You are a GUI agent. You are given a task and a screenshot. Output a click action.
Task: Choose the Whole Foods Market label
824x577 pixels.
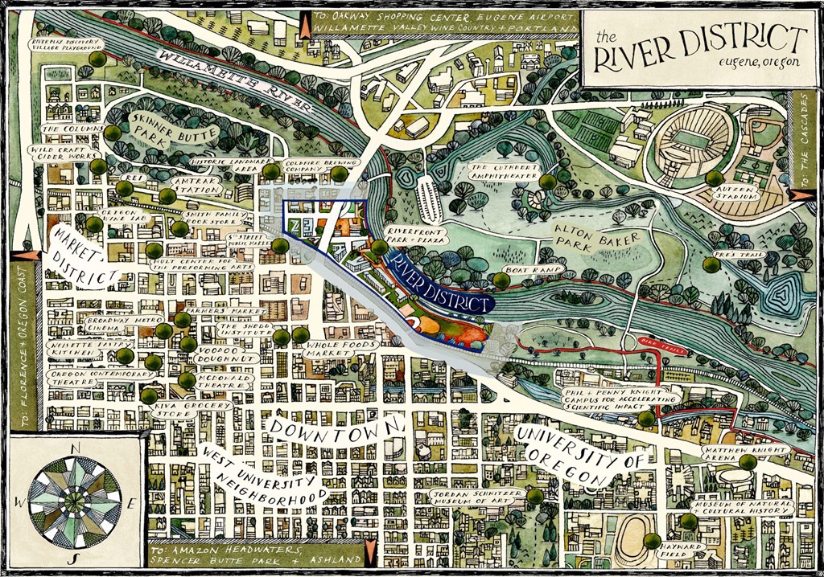[x=340, y=349]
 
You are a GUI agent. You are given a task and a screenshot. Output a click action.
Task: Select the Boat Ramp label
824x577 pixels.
[x=524, y=270]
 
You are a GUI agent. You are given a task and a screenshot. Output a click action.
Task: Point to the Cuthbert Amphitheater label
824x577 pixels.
[x=506, y=173]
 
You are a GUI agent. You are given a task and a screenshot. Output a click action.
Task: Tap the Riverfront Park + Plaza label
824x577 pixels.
[x=417, y=234]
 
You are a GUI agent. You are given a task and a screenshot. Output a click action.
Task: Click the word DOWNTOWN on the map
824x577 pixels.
[x=339, y=430]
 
